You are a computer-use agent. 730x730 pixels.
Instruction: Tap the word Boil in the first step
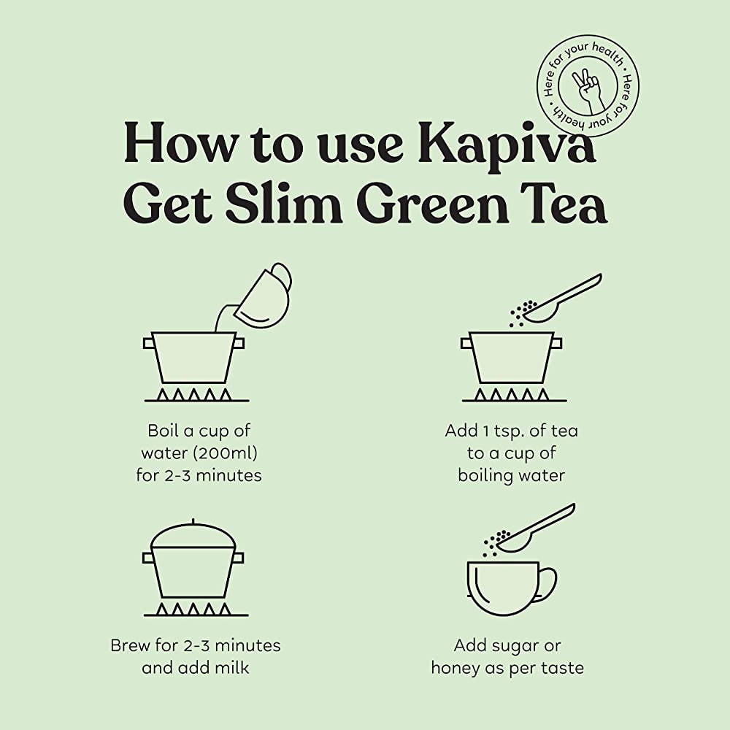point(164,431)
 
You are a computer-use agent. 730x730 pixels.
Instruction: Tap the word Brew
point(130,645)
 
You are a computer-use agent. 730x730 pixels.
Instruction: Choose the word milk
point(231,668)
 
